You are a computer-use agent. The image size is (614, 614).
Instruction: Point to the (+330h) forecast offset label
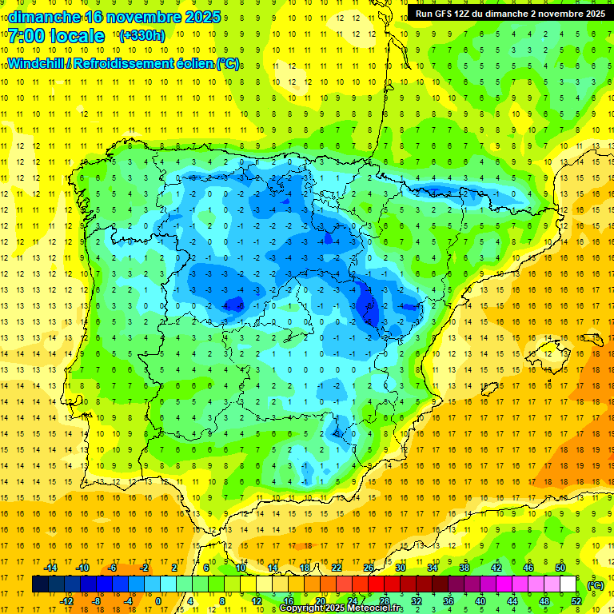coord(142,36)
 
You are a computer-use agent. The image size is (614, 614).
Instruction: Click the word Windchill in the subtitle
coord(37,64)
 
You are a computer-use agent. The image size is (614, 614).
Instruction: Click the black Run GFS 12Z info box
coord(509,14)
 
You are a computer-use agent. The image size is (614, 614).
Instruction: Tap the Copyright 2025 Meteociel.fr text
coord(341,608)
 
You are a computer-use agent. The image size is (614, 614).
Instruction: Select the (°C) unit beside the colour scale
coord(594,584)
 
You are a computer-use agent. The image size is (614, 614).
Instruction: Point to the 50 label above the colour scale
coord(560,568)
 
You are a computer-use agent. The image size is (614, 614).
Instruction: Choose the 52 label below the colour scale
coord(576,601)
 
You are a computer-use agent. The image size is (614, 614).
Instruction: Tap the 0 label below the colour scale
coord(158,601)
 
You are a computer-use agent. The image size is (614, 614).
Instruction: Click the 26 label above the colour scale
coord(369,568)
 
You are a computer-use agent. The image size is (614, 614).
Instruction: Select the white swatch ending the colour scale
coord(568,584)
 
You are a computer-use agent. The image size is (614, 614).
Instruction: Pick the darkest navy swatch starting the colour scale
coord(40,584)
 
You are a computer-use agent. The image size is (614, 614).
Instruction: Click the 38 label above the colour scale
coord(464,568)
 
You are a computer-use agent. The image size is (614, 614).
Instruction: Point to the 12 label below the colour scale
coord(257,601)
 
